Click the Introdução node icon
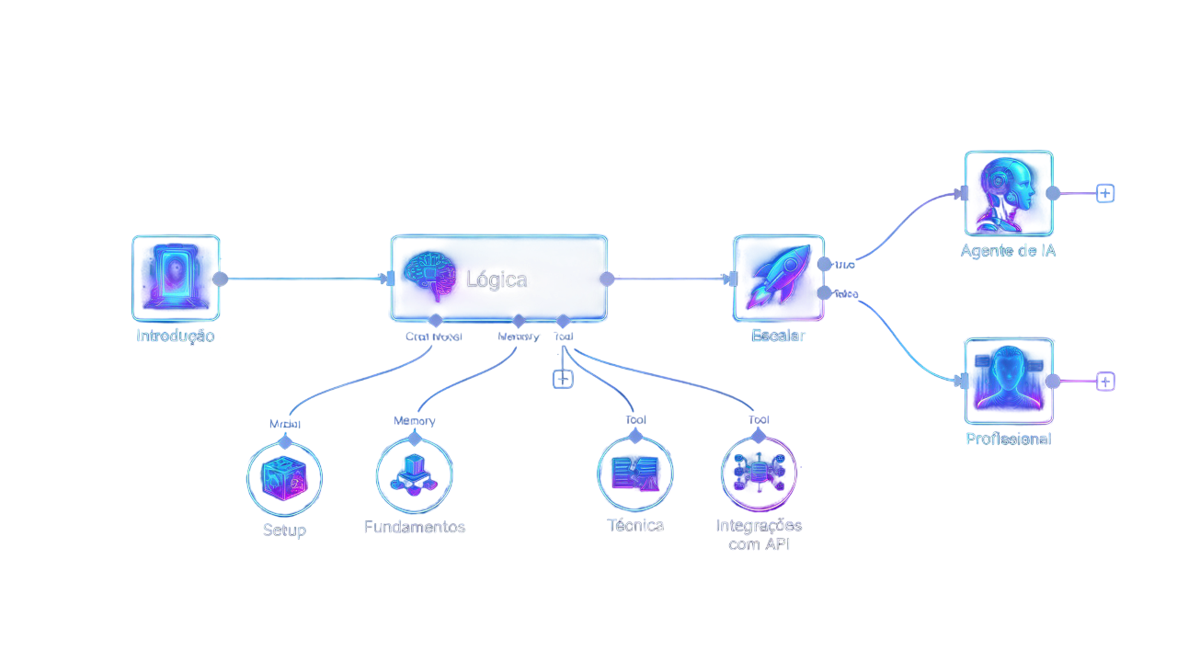[176, 278]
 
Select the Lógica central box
[499, 279]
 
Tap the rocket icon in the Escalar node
[778, 278]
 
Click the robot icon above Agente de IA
[1009, 194]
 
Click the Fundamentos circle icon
[415, 474]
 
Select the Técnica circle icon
[635, 474]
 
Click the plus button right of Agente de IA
[1105, 193]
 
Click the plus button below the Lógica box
[563, 379]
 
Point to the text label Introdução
[176, 336]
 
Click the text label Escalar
[778, 336]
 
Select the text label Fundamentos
[415, 527]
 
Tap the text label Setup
[284, 531]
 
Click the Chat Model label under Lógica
[434, 337]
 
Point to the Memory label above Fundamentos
[415, 421]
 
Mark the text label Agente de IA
[1009, 251]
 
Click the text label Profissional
[1009, 439]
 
